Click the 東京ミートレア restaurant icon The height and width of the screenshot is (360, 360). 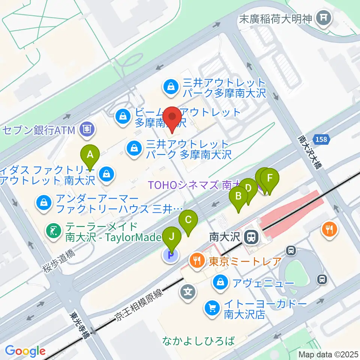point(196,260)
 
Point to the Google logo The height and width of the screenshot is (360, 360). point(25,351)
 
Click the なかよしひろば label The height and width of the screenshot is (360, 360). point(199,341)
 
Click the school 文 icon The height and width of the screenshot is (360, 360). point(188,291)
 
